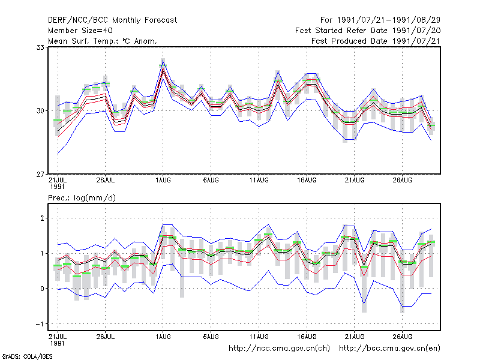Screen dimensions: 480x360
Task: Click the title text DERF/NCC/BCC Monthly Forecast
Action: pyautogui.click(x=112, y=20)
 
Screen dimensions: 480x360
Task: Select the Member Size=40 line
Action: pyautogui.click(x=80, y=31)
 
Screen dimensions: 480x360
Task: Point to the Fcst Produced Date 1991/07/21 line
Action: pyautogui.click(x=376, y=41)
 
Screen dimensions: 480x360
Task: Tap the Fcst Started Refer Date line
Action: pyautogui.click(x=368, y=31)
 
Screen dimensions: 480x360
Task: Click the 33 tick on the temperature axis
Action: pyautogui.click(x=40, y=47)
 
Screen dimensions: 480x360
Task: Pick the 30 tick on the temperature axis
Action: pyautogui.click(x=40, y=111)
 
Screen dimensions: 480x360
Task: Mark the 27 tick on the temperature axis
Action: pyautogui.click(x=40, y=175)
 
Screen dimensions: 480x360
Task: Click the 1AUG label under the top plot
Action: pyautogui.click(x=163, y=181)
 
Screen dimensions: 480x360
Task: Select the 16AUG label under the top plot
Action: pyautogui.click(x=307, y=181)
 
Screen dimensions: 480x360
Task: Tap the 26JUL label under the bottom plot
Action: pyautogui.click(x=106, y=337)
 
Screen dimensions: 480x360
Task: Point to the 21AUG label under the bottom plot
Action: pyautogui.click(x=355, y=337)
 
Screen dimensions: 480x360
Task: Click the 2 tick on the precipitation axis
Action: pyautogui.click(x=42, y=218)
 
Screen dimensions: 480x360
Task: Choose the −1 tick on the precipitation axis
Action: pyautogui.click(x=40, y=324)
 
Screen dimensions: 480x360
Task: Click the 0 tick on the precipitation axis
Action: pyautogui.click(x=42, y=289)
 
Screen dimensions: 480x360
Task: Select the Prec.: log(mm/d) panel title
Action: pyautogui.click(x=82, y=198)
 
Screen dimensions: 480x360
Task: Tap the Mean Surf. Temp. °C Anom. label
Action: pyautogui.click(x=103, y=41)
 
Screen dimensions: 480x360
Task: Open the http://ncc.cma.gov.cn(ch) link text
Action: pyautogui.click(x=279, y=349)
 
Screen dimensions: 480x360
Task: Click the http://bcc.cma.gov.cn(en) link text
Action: pyautogui.click(x=389, y=349)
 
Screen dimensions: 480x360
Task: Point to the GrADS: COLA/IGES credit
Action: pyautogui.click(x=27, y=356)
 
